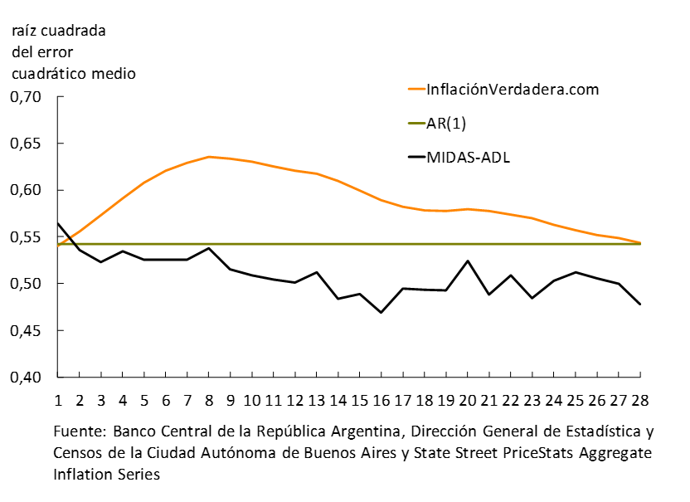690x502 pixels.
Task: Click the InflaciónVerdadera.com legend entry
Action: (512, 90)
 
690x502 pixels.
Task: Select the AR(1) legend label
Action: (453, 123)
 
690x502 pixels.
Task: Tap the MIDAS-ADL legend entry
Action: (468, 156)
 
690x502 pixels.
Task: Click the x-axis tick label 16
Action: (381, 400)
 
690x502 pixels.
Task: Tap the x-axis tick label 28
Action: (639, 400)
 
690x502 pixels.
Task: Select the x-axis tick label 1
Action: (59, 400)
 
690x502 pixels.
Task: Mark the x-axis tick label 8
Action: (209, 400)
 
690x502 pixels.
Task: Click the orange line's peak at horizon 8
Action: (209, 157)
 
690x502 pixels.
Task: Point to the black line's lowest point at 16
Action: (381, 313)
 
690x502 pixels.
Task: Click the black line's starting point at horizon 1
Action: (59, 222)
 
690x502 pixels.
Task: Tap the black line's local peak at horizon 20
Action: (468, 261)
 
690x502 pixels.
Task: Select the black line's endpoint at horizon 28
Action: (639, 305)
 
